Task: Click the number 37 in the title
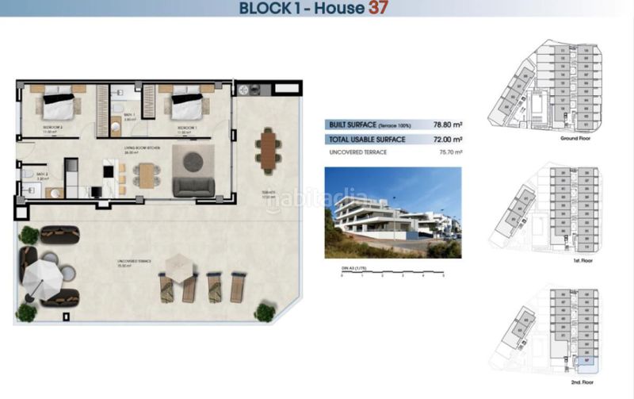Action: coord(377,9)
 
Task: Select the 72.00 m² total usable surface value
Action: coord(447,139)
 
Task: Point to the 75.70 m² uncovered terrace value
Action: coord(447,152)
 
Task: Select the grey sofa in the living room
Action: coord(193,186)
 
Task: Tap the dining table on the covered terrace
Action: coord(268,151)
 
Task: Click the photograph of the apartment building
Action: coord(393,212)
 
